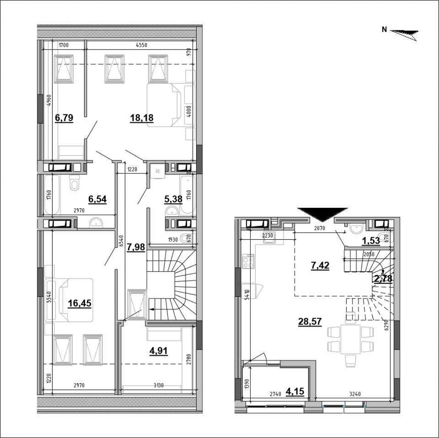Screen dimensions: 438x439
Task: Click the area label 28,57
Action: click(x=310, y=321)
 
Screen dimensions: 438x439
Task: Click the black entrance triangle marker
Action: click(x=322, y=214)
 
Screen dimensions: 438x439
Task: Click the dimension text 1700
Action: click(x=64, y=44)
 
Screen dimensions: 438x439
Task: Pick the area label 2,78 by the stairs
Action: click(x=382, y=278)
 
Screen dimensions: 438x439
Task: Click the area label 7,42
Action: click(x=320, y=265)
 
